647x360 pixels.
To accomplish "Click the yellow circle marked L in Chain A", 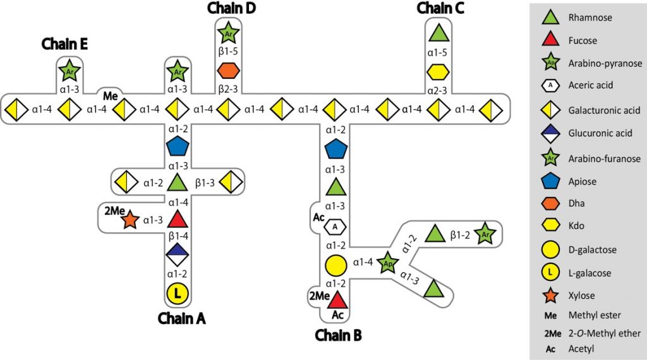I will tap(178, 293).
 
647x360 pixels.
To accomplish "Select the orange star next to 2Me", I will tap(130, 220).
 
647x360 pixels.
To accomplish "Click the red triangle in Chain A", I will tap(178, 220).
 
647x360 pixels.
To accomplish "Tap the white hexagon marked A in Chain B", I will tap(337, 225).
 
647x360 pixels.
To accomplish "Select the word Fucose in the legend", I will tap(583, 41).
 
